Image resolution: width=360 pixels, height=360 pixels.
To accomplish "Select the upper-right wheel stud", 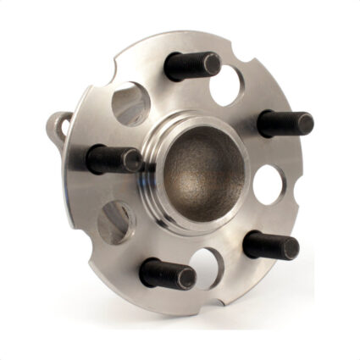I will pyautogui.click(x=284, y=122).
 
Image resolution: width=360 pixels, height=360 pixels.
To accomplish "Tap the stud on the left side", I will pyautogui.click(x=114, y=158).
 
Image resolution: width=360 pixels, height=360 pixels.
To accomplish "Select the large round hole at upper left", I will pyautogui.click(x=131, y=104).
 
